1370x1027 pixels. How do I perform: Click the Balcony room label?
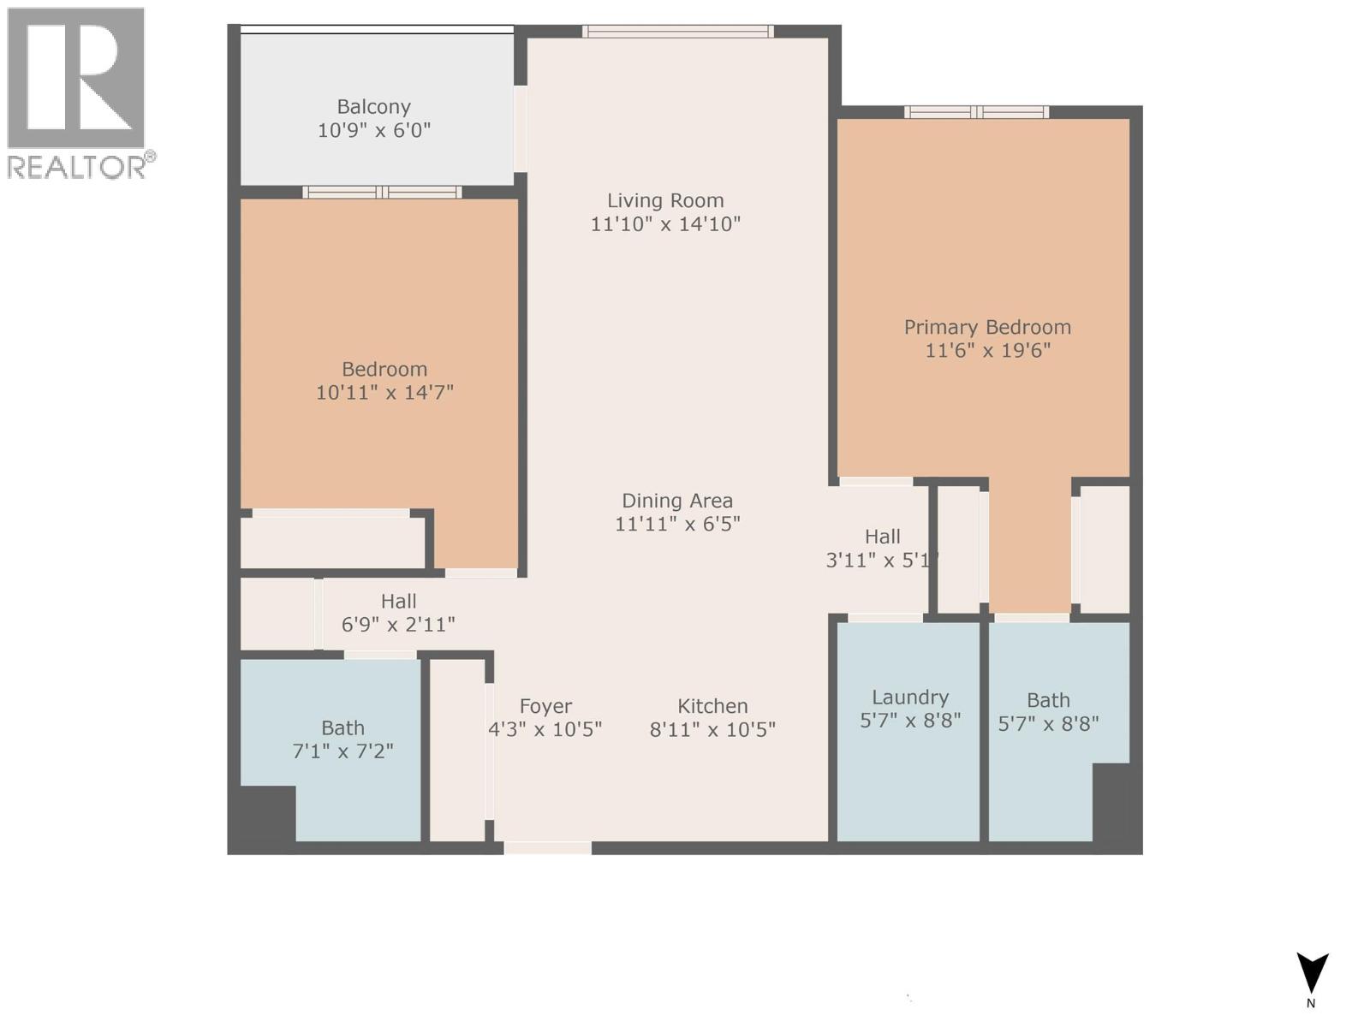click(x=373, y=107)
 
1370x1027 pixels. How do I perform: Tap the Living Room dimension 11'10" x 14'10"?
click(x=665, y=224)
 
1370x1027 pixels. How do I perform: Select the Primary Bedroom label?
click(x=987, y=327)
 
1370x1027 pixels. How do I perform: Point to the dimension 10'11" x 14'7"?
click(x=384, y=393)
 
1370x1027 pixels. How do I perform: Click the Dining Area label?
click(x=676, y=501)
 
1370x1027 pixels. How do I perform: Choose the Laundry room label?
click(x=909, y=698)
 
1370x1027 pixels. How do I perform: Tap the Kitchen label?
click(x=712, y=706)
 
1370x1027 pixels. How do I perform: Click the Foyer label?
click(x=545, y=706)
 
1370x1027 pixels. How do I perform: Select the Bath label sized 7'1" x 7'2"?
click(x=342, y=728)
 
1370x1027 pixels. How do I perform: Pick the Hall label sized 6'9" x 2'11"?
click(x=398, y=602)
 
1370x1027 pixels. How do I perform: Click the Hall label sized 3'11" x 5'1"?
click(x=882, y=537)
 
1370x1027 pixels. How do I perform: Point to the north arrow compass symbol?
click(x=1312, y=974)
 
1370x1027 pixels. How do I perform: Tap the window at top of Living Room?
click(x=677, y=32)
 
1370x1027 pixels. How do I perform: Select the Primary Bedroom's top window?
click(x=976, y=112)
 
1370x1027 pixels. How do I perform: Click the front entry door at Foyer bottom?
click(x=547, y=848)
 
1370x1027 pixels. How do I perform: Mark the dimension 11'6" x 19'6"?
click(x=987, y=351)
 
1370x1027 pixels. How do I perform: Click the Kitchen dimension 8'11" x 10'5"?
click(x=712, y=730)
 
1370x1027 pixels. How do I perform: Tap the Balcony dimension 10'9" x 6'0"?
click(x=373, y=131)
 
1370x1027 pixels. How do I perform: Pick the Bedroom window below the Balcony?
click(x=382, y=193)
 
